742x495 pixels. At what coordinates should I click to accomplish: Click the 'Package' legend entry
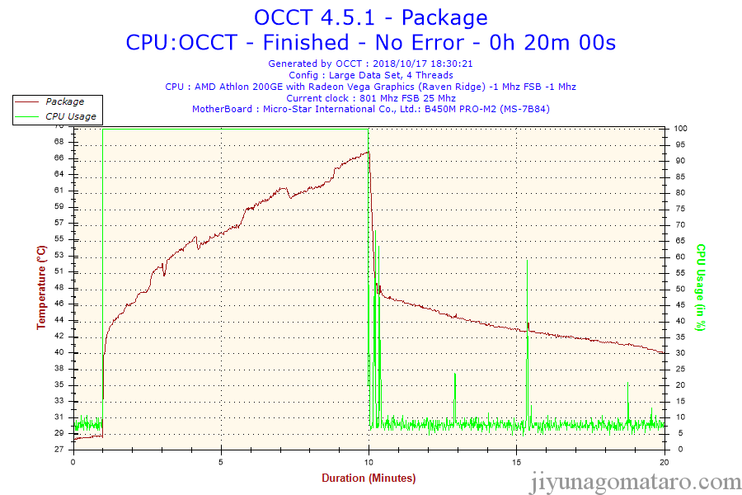click(x=64, y=101)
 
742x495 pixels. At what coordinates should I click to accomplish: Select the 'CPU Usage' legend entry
click(x=70, y=116)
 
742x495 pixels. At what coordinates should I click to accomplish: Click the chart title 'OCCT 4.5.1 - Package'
click(x=370, y=17)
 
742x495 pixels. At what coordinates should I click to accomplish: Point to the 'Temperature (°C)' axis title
click(x=40, y=287)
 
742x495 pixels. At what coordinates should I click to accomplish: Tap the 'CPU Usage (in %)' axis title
click(x=702, y=287)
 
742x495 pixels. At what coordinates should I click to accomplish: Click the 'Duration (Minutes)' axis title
click(x=369, y=478)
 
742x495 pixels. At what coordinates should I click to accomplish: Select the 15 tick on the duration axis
click(x=517, y=461)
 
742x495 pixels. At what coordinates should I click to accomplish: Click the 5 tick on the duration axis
click(x=221, y=461)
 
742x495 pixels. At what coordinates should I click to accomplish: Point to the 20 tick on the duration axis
click(x=665, y=461)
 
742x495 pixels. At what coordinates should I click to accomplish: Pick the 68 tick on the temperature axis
click(x=59, y=142)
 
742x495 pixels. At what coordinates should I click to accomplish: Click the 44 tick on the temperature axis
click(x=59, y=320)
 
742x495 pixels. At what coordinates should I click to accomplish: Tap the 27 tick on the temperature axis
click(x=59, y=450)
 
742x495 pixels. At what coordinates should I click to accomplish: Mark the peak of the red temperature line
click(x=368, y=152)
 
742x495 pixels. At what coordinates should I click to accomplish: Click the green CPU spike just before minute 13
click(x=454, y=375)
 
